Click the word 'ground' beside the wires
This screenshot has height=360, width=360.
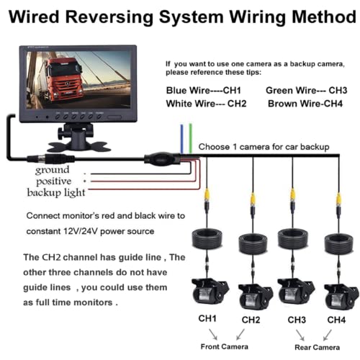(x=53, y=170)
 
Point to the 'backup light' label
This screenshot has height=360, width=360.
(x=56, y=192)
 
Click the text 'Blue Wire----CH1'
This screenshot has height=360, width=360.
(x=203, y=91)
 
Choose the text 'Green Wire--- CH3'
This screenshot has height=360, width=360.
(x=306, y=91)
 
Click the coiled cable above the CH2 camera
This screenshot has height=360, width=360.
(x=251, y=239)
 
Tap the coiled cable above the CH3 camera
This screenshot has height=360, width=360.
(x=294, y=239)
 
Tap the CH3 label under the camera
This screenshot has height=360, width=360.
(x=297, y=319)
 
